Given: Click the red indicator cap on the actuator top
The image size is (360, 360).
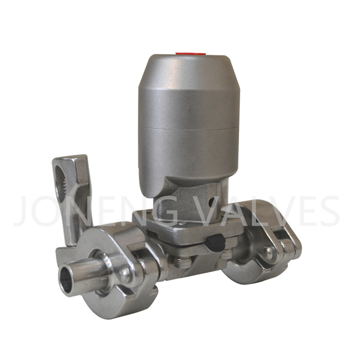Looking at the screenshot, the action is coord(190,54).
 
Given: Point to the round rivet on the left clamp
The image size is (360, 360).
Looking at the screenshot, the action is coord(125,275).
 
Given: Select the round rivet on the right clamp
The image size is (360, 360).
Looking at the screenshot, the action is coord(269,251).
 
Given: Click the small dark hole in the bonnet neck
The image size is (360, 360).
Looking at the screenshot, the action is coord(211,202).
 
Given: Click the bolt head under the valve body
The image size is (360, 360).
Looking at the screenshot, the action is coord(182,263).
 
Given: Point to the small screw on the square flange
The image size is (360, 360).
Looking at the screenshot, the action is coord(182,223).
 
